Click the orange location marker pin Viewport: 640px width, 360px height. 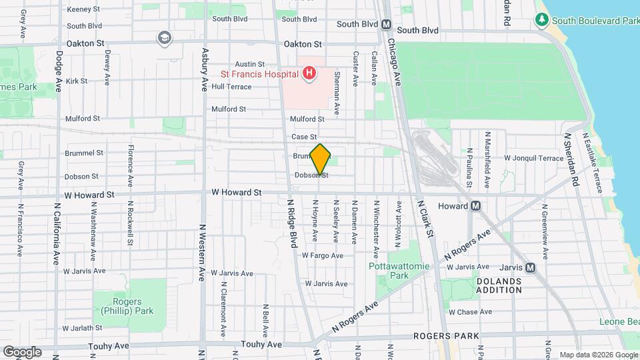tap(321, 159)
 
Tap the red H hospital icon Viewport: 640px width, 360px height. tap(309, 73)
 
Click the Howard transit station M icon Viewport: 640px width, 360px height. tap(476, 206)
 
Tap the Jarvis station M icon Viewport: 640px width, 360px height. tap(530, 267)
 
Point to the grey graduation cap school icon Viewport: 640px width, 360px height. tap(163, 39)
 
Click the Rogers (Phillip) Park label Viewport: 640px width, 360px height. tap(129, 305)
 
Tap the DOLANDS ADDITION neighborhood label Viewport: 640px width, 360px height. tap(499, 285)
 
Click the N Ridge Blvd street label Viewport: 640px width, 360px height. tap(292, 223)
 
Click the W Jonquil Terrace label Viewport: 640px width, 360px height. tap(533, 159)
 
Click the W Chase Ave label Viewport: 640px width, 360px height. tap(471, 312)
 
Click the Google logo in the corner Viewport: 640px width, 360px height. tap(22, 351)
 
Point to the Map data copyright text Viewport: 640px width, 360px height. tap(597, 355)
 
